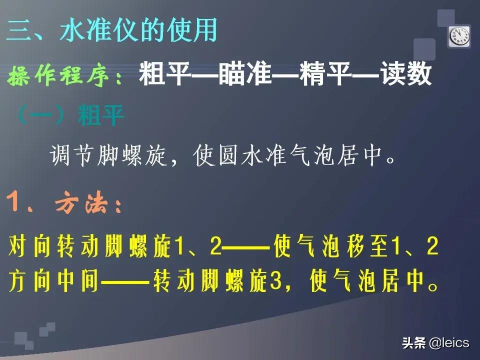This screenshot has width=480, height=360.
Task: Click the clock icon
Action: click(x=459, y=36)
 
